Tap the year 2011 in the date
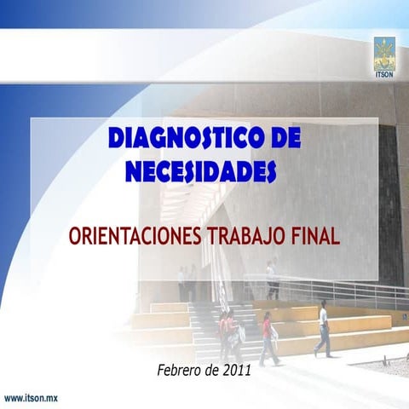pos(238,370)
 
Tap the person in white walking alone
pos(323,328)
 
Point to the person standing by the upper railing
pos(271,278)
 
